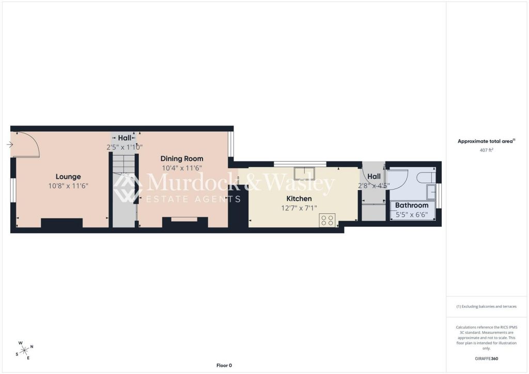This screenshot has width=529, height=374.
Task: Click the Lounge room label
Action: pyautogui.click(x=68, y=177)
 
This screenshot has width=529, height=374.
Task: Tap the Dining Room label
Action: pyautogui.click(x=182, y=159)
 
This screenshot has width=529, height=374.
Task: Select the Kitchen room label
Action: pyautogui.click(x=299, y=199)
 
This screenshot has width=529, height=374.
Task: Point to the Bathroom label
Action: pyautogui.click(x=412, y=205)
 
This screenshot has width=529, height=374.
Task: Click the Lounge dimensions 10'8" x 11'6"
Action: pyautogui.click(x=68, y=186)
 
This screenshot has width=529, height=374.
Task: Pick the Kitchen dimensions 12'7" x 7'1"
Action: pyautogui.click(x=299, y=208)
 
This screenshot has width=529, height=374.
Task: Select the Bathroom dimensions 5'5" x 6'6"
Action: pyautogui.click(x=412, y=214)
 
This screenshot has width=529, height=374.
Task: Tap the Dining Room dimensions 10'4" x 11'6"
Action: pyautogui.click(x=182, y=168)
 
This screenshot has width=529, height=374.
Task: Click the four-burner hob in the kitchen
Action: pyautogui.click(x=327, y=221)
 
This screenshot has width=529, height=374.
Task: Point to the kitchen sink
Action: pyautogui.click(x=304, y=174)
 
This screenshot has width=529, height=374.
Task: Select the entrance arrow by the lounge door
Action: pyautogui.click(x=10, y=145)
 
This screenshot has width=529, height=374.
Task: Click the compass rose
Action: pyautogui.click(x=24, y=351)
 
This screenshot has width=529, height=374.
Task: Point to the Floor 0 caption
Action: pyautogui.click(x=224, y=365)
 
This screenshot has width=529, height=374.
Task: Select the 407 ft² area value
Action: pyautogui.click(x=486, y=150)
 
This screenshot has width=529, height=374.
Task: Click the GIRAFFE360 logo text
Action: pyautogui.click(x=486, y=359)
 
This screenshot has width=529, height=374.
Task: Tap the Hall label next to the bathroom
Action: pyautogui.click(x=374, y=176)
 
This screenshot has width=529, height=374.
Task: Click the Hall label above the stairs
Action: pyautogui.click(x=125, y=138)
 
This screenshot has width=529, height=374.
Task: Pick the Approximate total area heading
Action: pyautogui.click(x=486, y=142)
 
